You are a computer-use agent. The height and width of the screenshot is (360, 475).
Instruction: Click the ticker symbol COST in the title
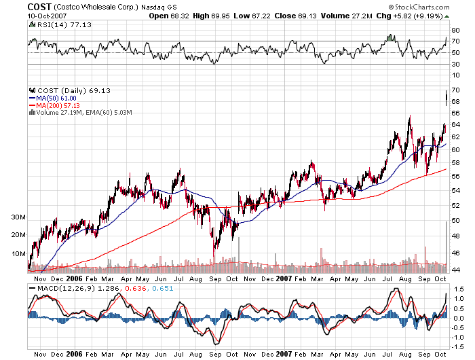[x=16, y=6]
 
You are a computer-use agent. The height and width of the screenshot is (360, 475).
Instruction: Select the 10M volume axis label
[x=18, y=253]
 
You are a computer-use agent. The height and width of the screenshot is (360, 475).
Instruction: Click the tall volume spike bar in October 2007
[x=446, y=245]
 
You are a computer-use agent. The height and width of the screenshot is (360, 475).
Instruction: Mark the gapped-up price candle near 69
[x=446, y=98]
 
